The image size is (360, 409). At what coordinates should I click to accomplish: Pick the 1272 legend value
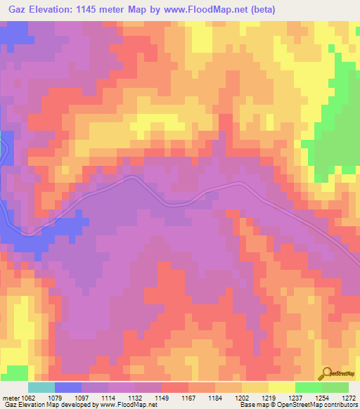click(x=349, y=398)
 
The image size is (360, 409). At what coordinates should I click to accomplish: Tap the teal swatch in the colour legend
click(x=41, y=387)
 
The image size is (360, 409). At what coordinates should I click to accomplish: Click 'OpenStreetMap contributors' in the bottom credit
click(x=320, y=405)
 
